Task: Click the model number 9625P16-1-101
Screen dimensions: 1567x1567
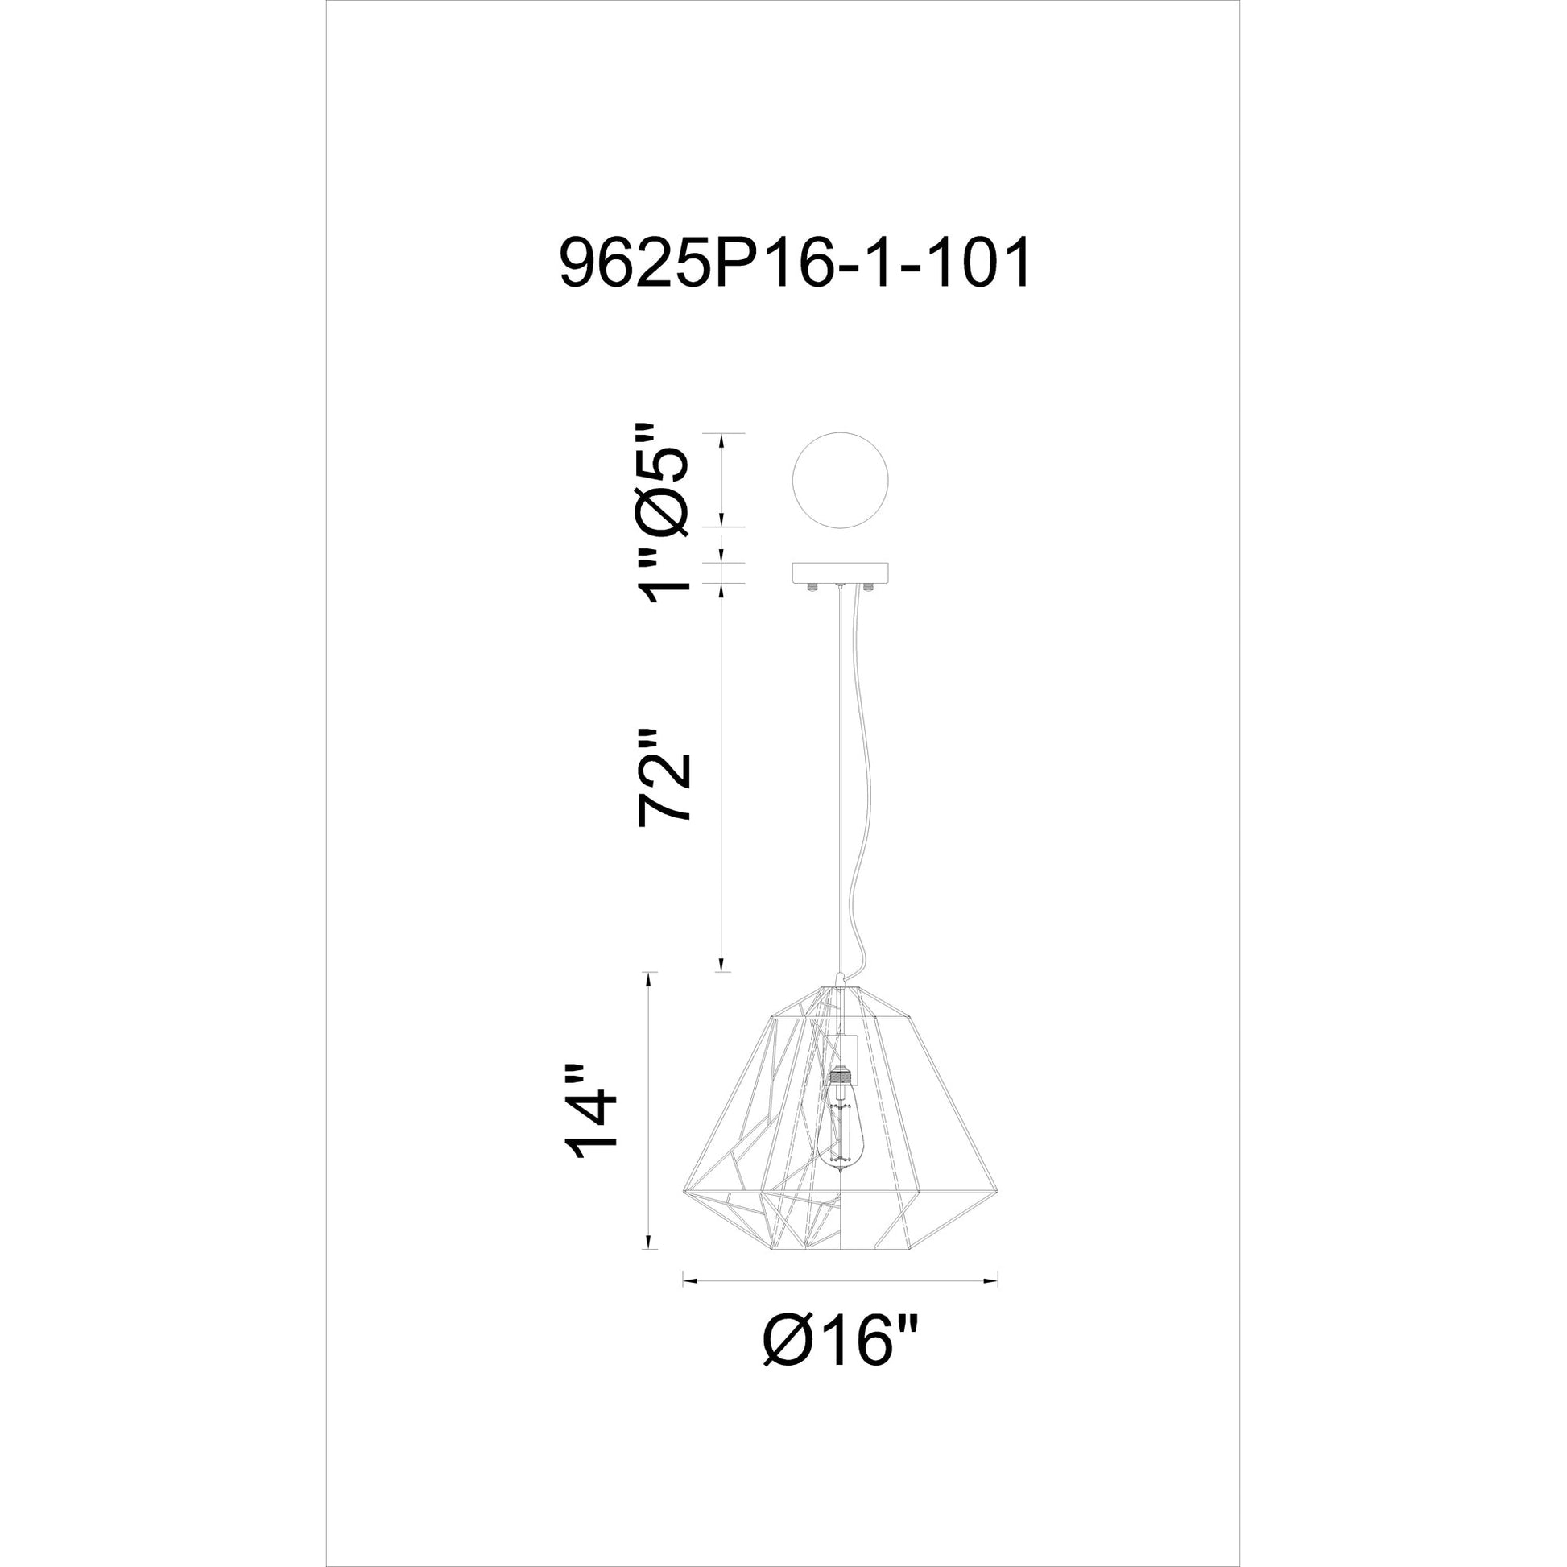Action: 795,262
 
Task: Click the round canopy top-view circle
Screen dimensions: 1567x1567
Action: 841,480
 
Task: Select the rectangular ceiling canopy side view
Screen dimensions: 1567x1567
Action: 841,573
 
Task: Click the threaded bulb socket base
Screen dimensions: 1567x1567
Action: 841,1079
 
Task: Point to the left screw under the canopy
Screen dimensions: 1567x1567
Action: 813,586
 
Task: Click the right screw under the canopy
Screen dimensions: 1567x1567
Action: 868,586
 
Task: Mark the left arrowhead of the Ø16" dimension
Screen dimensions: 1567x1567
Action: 688,1304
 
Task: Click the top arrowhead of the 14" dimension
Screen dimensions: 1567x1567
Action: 647,977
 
